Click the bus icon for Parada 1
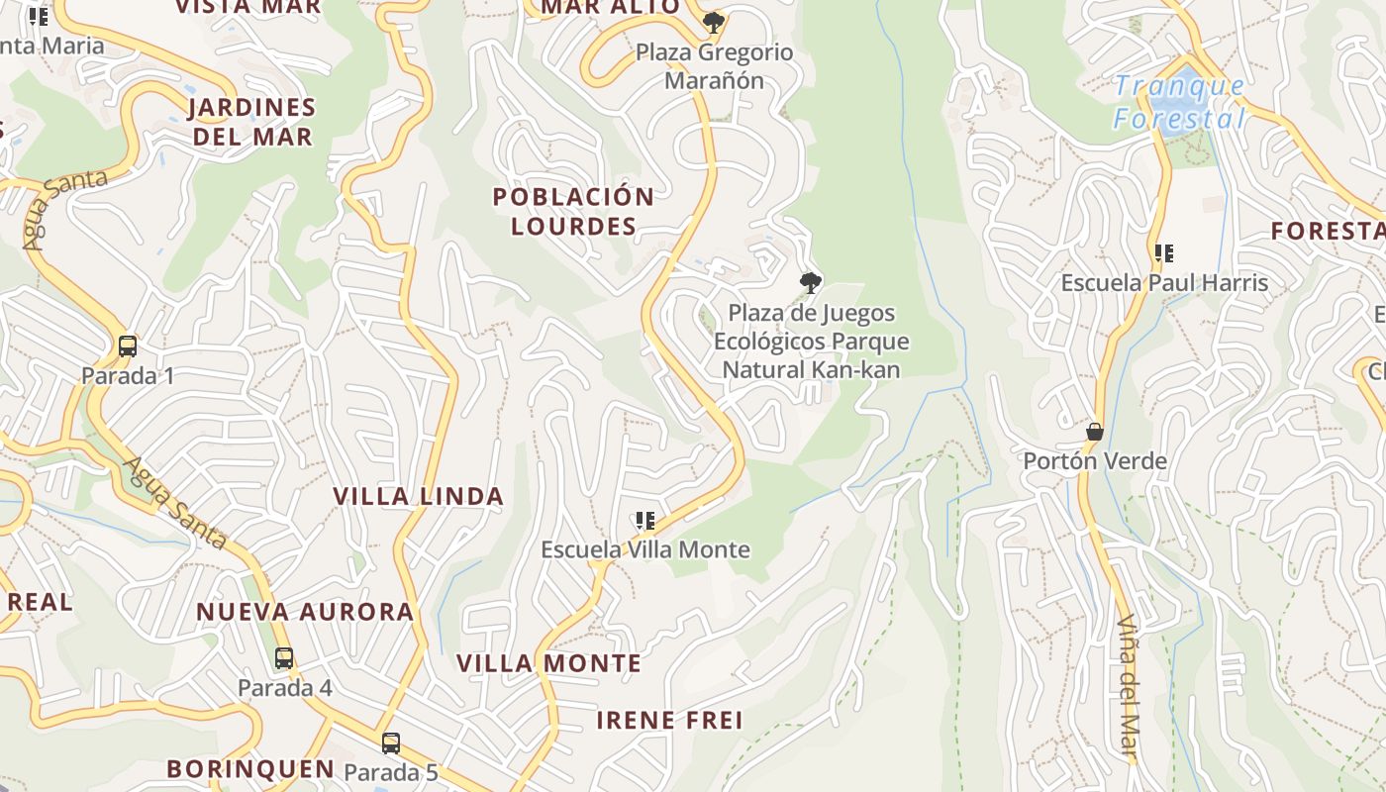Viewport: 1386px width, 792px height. (127, 346)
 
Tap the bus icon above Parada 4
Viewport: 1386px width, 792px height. (284, 657)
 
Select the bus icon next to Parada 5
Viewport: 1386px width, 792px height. (391, 743)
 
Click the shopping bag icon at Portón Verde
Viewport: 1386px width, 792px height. (1095, 432)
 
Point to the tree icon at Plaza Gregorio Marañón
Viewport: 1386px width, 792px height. (713, 22)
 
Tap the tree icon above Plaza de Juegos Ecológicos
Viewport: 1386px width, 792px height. (811, 283)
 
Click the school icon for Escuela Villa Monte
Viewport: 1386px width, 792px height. (645, 521)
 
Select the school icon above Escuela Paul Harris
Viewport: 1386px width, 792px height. (1164, 253)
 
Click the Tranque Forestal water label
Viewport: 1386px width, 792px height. (1178, 102)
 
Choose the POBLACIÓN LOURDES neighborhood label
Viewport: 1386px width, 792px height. (574, 211)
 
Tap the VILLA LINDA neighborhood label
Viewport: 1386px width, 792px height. (418, 496)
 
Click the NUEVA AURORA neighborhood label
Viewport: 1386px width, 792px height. (305, 611)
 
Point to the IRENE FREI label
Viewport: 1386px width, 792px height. (669, 720)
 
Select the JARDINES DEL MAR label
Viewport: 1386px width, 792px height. (251, 121)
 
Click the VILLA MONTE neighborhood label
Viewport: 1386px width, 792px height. (548, 662)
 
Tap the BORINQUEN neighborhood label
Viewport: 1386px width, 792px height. (250, 768)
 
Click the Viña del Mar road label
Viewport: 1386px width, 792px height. (1128, 687)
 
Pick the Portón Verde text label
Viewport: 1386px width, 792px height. (1094, 460)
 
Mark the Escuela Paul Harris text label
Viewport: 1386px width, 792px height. (1164, 282)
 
